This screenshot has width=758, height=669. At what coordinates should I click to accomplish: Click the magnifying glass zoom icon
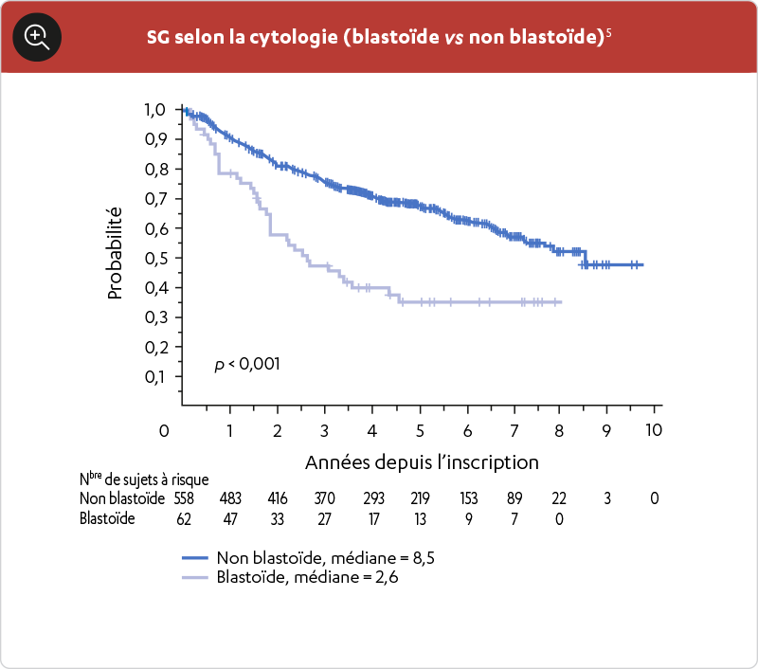37,37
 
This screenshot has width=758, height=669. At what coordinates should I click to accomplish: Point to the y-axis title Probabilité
116,253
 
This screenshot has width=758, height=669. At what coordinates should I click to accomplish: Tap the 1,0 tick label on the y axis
155,110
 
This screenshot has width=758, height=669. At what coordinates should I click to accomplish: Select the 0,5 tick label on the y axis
155,258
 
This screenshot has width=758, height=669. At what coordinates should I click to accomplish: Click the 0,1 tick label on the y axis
155,376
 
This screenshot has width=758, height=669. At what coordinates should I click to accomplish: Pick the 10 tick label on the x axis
653,430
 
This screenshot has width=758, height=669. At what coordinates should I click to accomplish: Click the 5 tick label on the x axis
418,430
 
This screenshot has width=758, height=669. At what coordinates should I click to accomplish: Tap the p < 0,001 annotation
247,364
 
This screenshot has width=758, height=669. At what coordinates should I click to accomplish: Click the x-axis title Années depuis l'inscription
422,462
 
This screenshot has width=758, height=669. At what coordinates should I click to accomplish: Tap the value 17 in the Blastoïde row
371,518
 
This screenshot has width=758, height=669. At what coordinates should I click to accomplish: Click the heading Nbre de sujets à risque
144,479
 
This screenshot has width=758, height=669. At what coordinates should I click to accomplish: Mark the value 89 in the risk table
513,498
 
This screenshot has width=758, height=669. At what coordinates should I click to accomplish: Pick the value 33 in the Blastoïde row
277,518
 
